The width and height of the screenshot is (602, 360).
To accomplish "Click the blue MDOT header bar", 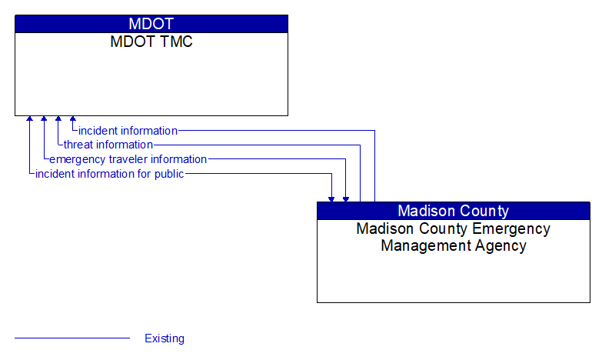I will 151,24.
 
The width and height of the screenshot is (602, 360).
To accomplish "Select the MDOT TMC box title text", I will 151,42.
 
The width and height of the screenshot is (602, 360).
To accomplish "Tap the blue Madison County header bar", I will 453,211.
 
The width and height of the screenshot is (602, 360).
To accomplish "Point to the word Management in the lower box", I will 421,246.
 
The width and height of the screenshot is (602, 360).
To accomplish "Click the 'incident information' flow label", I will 128,131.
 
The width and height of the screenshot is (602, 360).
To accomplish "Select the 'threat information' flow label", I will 108,145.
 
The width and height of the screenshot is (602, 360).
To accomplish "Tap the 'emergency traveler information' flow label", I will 128,159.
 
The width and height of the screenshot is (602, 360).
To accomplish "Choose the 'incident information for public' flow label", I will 109,174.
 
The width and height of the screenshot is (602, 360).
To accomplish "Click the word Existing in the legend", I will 165,338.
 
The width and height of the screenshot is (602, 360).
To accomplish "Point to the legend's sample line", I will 72,338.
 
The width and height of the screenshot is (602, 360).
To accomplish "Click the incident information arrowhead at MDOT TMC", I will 73,120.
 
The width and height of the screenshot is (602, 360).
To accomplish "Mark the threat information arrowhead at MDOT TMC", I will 58,120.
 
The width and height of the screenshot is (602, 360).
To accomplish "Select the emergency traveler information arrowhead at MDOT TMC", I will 44,120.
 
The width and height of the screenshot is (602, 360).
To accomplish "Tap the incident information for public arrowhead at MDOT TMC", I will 29,120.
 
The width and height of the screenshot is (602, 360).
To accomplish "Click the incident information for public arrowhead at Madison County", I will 331,198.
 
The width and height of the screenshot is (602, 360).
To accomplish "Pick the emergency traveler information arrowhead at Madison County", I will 346,198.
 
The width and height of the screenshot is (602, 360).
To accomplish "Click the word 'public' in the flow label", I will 168,174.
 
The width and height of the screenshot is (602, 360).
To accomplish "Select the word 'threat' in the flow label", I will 78,145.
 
